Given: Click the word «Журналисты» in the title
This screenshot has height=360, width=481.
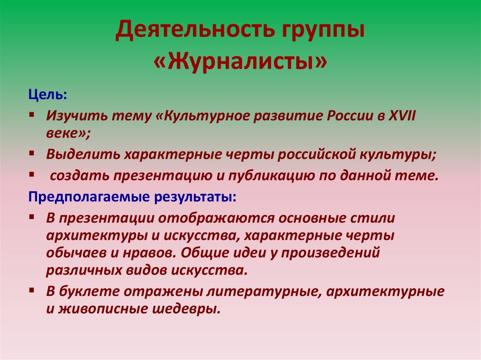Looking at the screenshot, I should (240, 61).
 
